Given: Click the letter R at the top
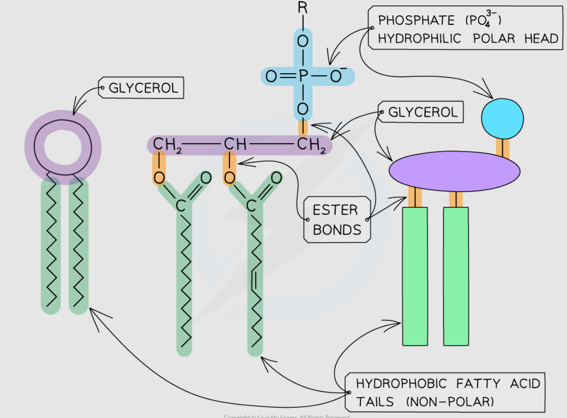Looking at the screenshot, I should [x=302, y=8].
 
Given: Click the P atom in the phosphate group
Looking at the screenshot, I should [x=302, y=76].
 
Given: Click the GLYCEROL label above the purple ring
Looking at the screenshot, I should [x=143, y=88].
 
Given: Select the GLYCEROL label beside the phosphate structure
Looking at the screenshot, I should [x=423, y=112].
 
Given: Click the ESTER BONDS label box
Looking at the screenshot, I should [x=337, y=219].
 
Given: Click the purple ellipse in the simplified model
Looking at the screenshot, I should [x=454, y=171].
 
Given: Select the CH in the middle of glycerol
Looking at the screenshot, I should [x=235, y=144].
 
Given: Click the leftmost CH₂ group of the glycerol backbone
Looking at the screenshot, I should [x=167, y=144].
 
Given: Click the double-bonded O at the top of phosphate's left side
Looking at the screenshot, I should [x=272, y=76].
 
